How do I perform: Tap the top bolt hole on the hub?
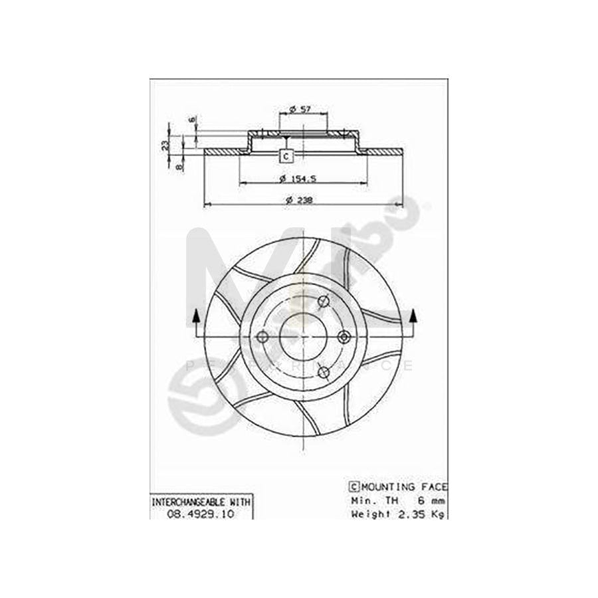324,302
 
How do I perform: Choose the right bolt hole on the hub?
344,337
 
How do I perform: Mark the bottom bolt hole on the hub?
324,371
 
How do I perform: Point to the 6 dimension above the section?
192,120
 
